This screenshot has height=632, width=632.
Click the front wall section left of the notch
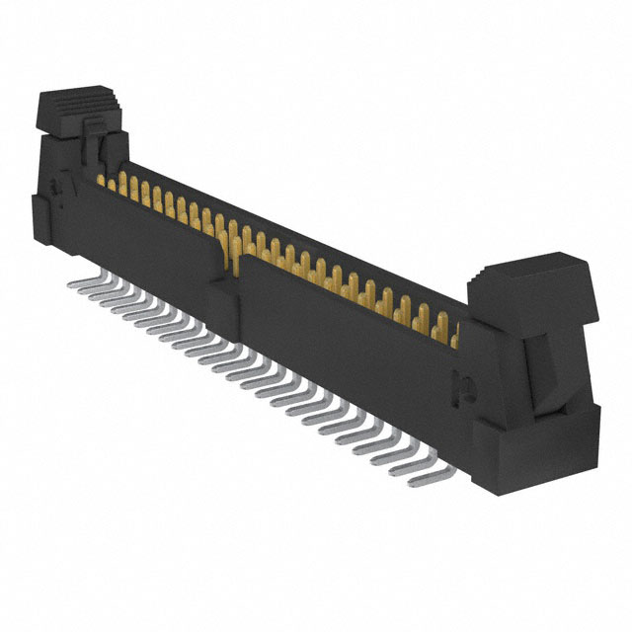click(x=148, y=242)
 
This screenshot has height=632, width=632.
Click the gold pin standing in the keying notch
click(x=235, y=247)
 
